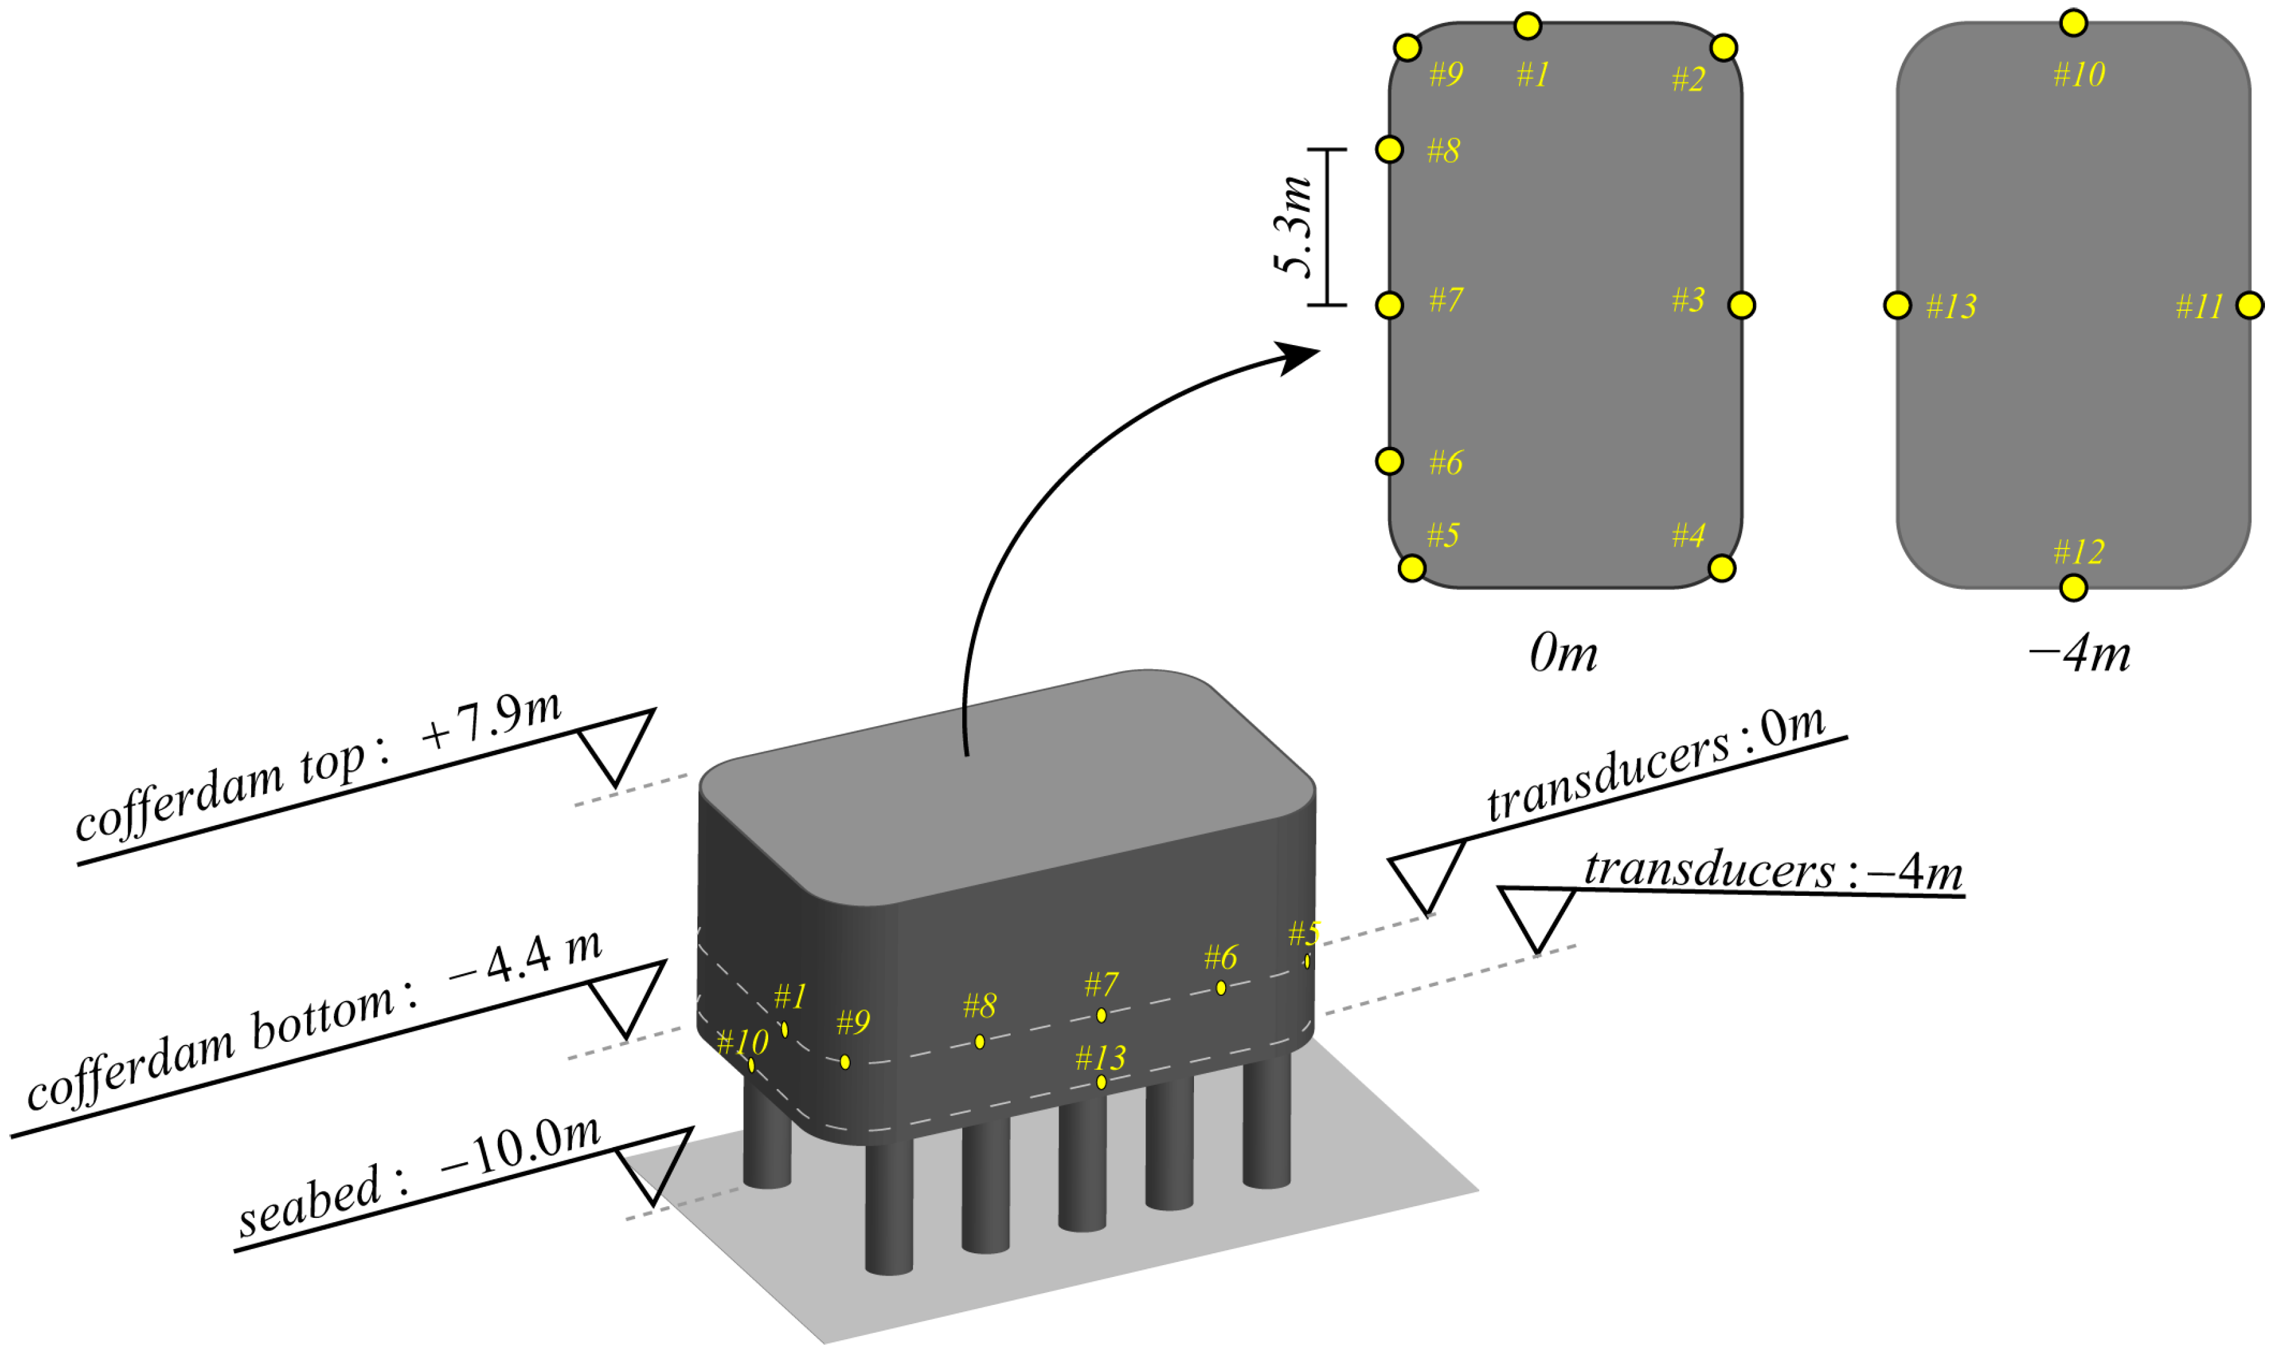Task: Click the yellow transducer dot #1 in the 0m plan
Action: pyautogui.click(x=1527, y=25)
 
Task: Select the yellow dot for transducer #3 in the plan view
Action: pyautogui.click(x=1742, y=305)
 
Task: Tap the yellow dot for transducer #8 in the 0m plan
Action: pyautogui.click(x=1389, y=149)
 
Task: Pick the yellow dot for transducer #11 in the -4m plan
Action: pyautogui.click(x=2249, y=305)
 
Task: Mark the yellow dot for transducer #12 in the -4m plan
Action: pyautogui.click(x=2073, y=587)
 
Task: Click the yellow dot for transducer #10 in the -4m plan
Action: pyautogui.click(x=2073, y=22)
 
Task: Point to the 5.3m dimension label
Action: pyautogui.click(x=1293, y=226)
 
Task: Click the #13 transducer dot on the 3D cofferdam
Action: pyautogui.click(x=1101, y=1082)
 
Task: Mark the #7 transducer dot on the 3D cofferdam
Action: pyautogui.click(x=1101, y=1015)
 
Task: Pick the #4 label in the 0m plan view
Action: pyautogui.click(x=1688, y=535)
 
